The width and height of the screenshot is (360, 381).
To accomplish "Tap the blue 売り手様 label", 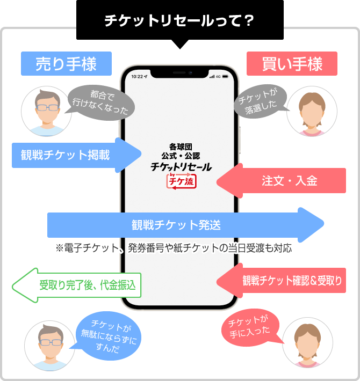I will click(66, 64).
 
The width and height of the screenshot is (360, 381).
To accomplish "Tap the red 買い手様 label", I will click(292, 64).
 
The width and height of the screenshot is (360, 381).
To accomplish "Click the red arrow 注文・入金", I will click(285, 181).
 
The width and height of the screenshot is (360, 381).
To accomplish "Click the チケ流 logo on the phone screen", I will click(181, 181).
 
